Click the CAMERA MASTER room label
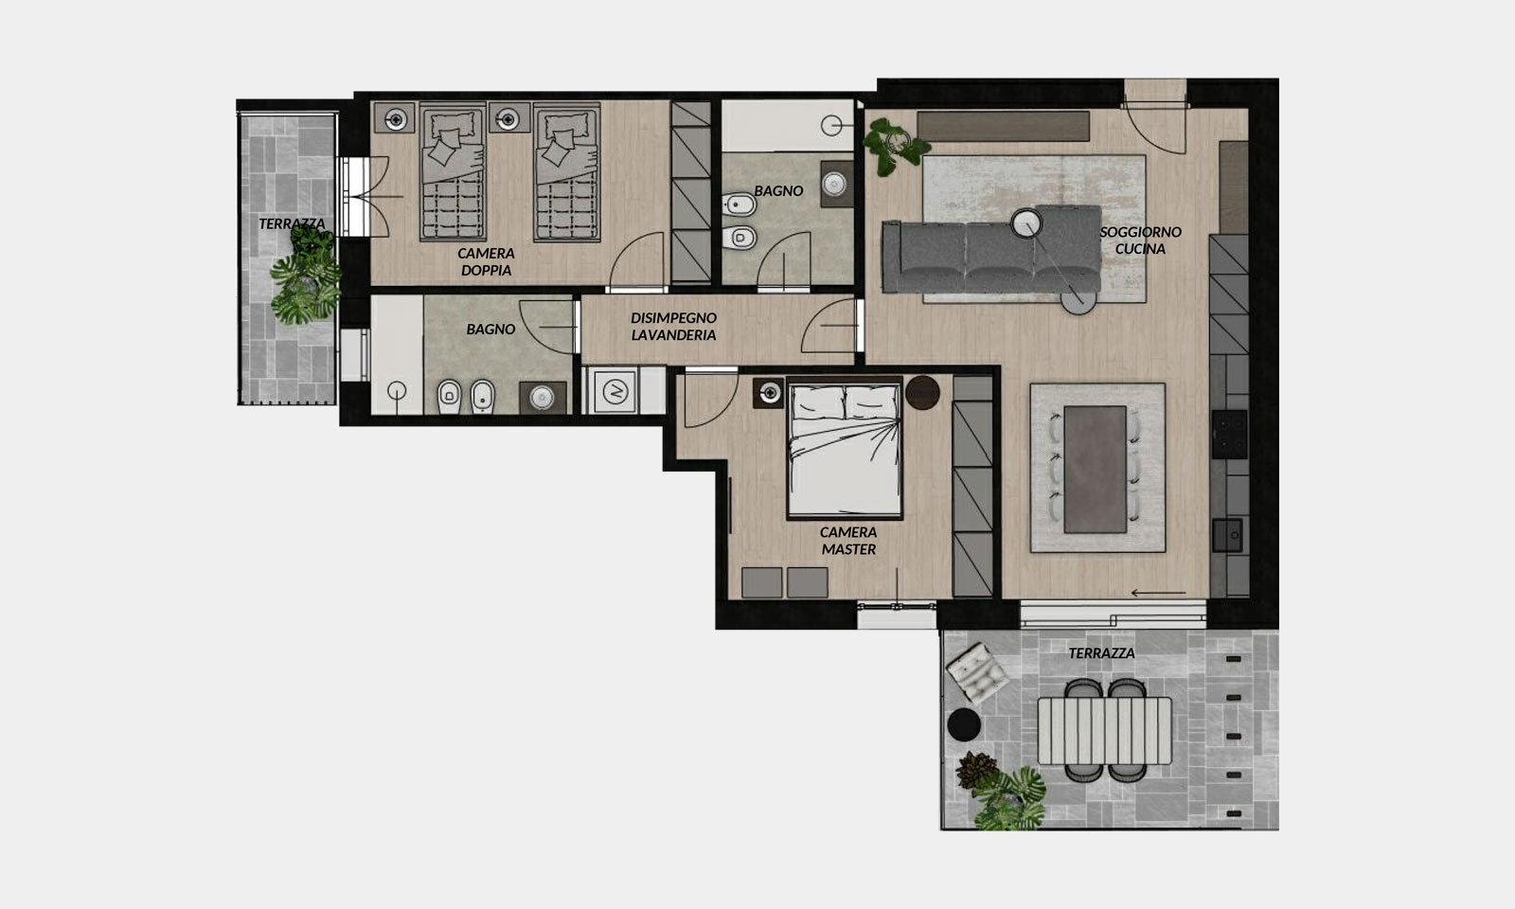848,541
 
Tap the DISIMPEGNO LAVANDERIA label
673,326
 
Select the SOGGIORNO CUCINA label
1140,241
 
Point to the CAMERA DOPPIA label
486,261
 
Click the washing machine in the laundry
615,391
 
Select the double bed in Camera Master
845,449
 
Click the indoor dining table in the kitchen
1095,470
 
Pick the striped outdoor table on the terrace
1104,730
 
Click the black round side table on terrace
964,724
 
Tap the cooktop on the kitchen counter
1230,435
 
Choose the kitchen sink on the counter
1227,536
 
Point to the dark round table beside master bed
922,392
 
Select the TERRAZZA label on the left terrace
293,223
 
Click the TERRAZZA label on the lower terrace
1102,653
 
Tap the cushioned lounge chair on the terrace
977,672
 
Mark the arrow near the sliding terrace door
1158,593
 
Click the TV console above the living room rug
1003,127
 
